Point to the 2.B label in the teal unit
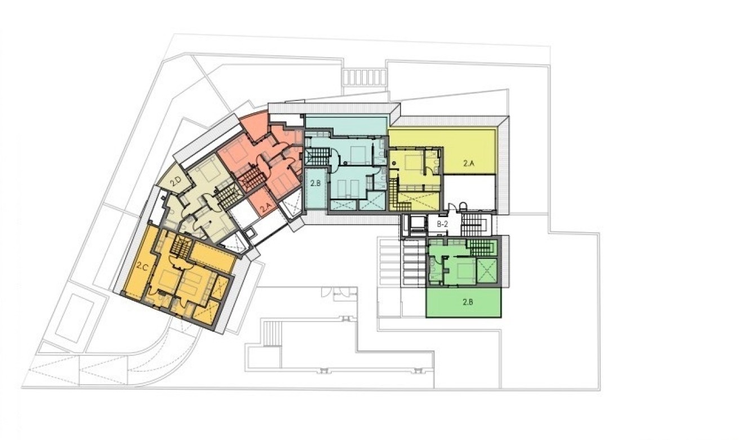tap(315, 183)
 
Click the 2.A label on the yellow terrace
tap(469, 164)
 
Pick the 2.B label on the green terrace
tap(467, 302)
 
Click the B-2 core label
tap(442, 224)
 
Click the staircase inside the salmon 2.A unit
tap(251, 179)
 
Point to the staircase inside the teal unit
tap(317, 156)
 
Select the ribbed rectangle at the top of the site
tap(364, 76)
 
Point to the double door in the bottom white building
tap(336, 292)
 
